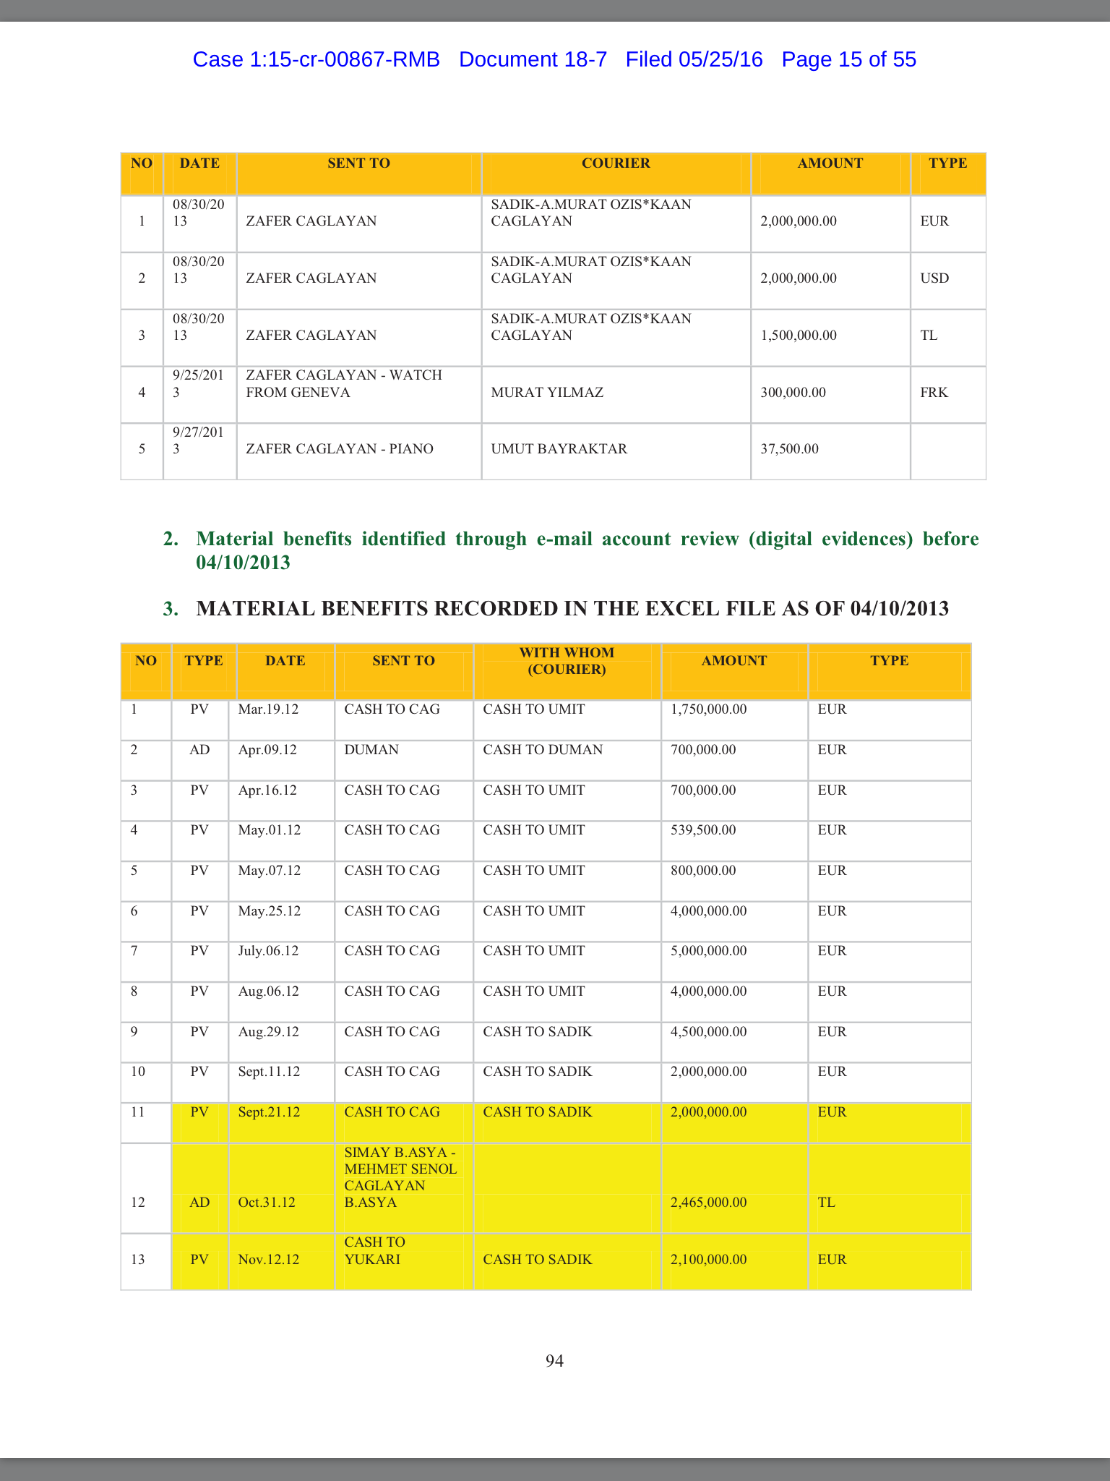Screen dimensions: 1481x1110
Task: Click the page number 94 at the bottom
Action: pos(554,1361)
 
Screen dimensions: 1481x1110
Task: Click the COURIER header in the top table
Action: pos(616,163)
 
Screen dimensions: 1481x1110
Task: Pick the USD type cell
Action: pos(934,278)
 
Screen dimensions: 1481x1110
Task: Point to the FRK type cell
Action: pos(934,393)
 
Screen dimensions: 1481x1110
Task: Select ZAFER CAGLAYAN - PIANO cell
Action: pos(340,449)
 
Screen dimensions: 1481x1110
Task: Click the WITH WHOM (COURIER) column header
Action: pos(567,661)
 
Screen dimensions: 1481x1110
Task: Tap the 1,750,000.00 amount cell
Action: pos(708,709)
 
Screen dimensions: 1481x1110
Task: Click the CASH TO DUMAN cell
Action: pos(543,750)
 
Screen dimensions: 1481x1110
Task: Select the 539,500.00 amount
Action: pos(703,830)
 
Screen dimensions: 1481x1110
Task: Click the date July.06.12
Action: pos(268,951)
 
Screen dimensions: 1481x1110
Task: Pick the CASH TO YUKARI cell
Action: pos(374,1250)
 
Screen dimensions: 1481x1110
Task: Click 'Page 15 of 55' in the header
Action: pos(848,59)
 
